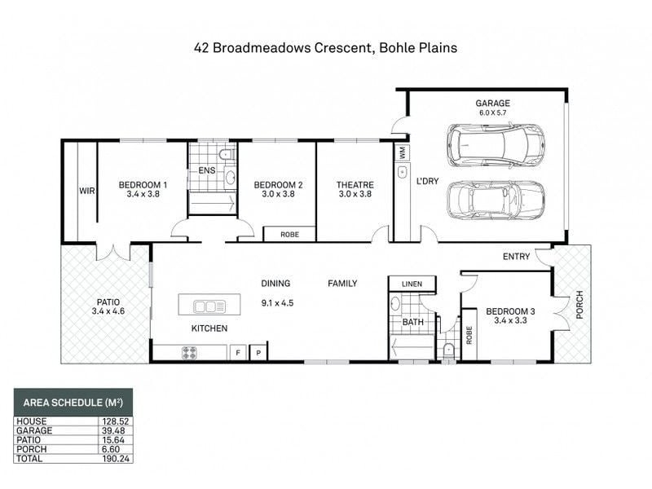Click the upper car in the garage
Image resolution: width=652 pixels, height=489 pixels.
click(x=496, y=146)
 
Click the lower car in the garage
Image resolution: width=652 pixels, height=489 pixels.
click(x=496, y=200)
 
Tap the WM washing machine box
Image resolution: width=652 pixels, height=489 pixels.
click(x=402, y=152)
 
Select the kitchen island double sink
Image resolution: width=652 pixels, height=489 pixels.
click(x=209, y=307)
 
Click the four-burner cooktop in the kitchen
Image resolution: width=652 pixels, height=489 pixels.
click(x=189, y=353)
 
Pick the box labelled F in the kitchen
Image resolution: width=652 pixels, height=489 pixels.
click(x=238, y=353)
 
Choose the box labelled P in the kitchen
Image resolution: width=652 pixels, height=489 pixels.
click(x=258, y=353)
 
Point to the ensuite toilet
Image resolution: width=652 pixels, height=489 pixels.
click(x=225, y=154)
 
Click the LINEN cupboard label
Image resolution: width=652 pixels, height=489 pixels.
click(x=412, y=284)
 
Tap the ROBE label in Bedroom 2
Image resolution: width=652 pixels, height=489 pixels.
click(x=290, y=235)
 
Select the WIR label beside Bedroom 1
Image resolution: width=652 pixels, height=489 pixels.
click(x=87, y=191)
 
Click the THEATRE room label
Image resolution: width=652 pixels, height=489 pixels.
click(x=355, y=185)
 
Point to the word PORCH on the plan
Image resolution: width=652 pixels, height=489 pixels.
click(x=579, y=305)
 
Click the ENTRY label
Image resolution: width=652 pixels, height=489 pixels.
click(x=517, y=257)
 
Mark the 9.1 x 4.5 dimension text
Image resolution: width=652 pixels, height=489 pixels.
click(x=277, y=303)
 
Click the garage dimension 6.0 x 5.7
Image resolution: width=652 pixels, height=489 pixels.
click(x=493, y=112)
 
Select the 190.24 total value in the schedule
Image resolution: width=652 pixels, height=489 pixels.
click(x=116, y=459)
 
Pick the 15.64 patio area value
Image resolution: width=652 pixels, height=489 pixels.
click(x=113, y=440)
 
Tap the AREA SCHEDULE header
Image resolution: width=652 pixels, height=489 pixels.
click(x=73, y=403)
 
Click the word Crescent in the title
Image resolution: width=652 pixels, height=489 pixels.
click(x=342, y=48)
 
